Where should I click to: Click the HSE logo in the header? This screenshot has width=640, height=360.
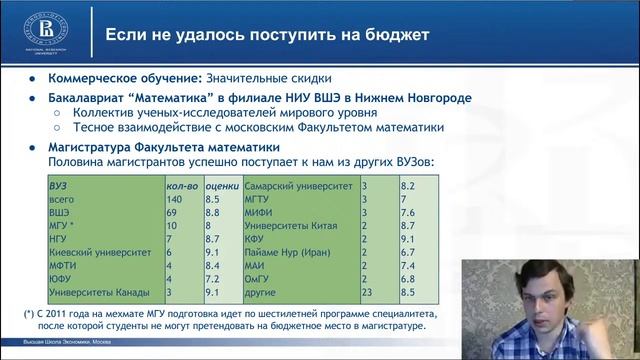pyautogui.click(x=41, y=27)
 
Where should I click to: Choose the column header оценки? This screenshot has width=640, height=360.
pyautogui.click(x=221, y=186)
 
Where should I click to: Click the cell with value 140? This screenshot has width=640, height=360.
pyautogui.click(x=174, y=200)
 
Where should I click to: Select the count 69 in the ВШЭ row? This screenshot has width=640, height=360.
pyautogui.click(x=171, y=213)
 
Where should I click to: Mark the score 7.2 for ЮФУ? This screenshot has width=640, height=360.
pyautogui.click(x=212, y=279)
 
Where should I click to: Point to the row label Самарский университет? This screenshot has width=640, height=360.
pyautogui.click(x=299, y=186)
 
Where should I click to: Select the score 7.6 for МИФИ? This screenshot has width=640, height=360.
pyautogui.click(x=407, y=213)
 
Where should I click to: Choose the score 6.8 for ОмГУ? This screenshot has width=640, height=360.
pyautogui.click(x=407, y=279)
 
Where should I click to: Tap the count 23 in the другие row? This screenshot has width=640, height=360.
pyautogui.click(x=367, y=293)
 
